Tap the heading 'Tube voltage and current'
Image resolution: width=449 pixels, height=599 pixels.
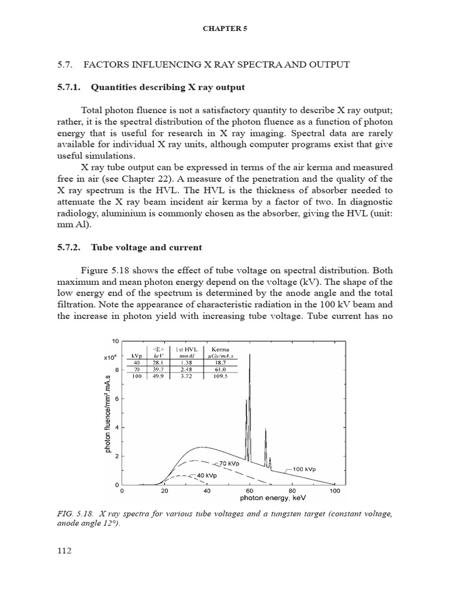pos(147,247)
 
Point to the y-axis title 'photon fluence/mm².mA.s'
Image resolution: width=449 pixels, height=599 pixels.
pos(108,412)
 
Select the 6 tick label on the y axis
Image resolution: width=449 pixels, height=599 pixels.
pos(116,398)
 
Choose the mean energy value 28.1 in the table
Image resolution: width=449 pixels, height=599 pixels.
pos(158,363)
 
